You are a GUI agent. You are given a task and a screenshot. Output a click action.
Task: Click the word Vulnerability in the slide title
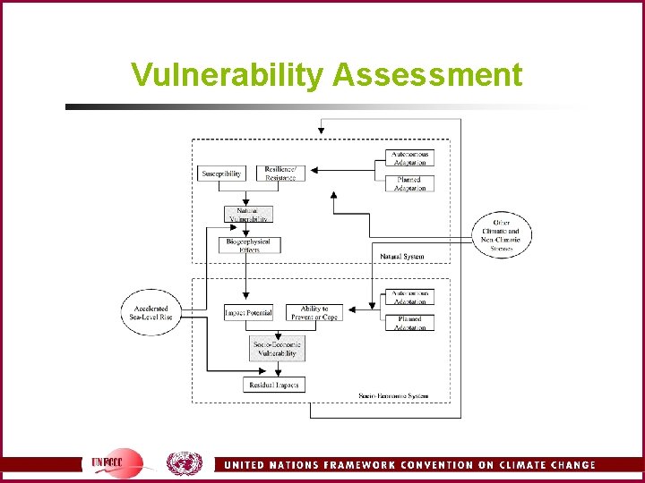click(228, 75)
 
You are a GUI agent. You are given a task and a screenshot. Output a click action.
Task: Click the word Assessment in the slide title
click(427, 75)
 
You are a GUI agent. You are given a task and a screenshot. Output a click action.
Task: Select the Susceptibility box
click(221, 174)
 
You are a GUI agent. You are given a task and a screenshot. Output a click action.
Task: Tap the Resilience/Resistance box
click(280, 174)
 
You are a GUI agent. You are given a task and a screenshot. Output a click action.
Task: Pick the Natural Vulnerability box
click(248, 215)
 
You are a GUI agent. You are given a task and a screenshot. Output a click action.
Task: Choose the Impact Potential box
click(248, 313)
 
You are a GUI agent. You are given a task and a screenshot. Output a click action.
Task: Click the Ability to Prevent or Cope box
click(314, 313)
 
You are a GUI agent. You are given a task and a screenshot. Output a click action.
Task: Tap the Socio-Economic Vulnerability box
click(277, 349)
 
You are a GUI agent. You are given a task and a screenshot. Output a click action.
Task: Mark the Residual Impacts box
click(274, 385)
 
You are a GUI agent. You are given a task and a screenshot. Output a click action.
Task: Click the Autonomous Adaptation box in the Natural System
click(410, 158)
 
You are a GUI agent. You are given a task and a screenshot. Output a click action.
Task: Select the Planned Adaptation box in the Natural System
click(410, 183)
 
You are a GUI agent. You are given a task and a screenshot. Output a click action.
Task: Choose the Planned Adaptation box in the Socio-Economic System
click(410, 322)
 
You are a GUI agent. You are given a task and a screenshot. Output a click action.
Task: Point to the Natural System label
click(402, 257)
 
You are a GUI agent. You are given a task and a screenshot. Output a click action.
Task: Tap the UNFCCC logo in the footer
click(116, 462)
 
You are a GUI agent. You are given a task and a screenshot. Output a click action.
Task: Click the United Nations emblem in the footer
click(185, 462)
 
